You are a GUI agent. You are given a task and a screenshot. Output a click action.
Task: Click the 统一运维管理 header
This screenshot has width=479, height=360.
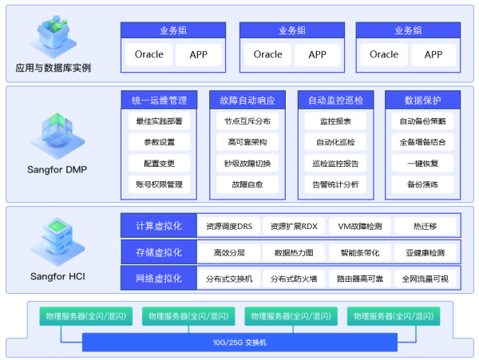[159, 101]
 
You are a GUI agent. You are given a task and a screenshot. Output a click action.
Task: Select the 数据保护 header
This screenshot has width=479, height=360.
[423, 101]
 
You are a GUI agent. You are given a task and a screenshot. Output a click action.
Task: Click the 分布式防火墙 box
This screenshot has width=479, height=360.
[294, 279]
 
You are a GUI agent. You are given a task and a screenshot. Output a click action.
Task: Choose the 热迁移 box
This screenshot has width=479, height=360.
[423, 227]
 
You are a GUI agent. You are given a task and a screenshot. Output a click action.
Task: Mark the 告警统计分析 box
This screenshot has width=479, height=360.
[335, 184]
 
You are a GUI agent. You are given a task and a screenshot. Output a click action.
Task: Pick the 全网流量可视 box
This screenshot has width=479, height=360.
[425, 279]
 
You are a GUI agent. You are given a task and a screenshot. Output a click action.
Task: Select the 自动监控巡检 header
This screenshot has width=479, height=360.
[335, 101]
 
